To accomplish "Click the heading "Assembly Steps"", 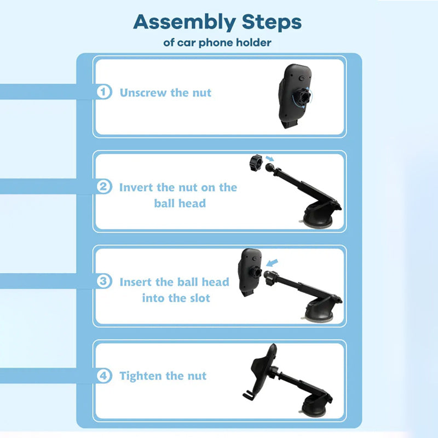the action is (217, 22).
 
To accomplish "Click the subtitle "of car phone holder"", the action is (217, 43).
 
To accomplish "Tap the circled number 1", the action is (104, 91).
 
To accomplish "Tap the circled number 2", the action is (104, 187).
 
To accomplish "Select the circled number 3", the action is (104, 281).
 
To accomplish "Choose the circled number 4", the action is (104, 376).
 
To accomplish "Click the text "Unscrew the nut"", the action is (165, 93).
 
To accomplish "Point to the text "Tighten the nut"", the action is (163, 376).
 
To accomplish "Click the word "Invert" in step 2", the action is (136, 187).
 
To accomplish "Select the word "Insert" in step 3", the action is (136, 282).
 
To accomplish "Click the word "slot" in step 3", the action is (200, 298).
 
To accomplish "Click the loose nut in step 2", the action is (256, 163).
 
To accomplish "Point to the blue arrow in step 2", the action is (270, 159).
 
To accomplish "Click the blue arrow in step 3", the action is (272, 263).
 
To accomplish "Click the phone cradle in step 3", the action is (250, 272).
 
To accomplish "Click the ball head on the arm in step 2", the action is (270, 168).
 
